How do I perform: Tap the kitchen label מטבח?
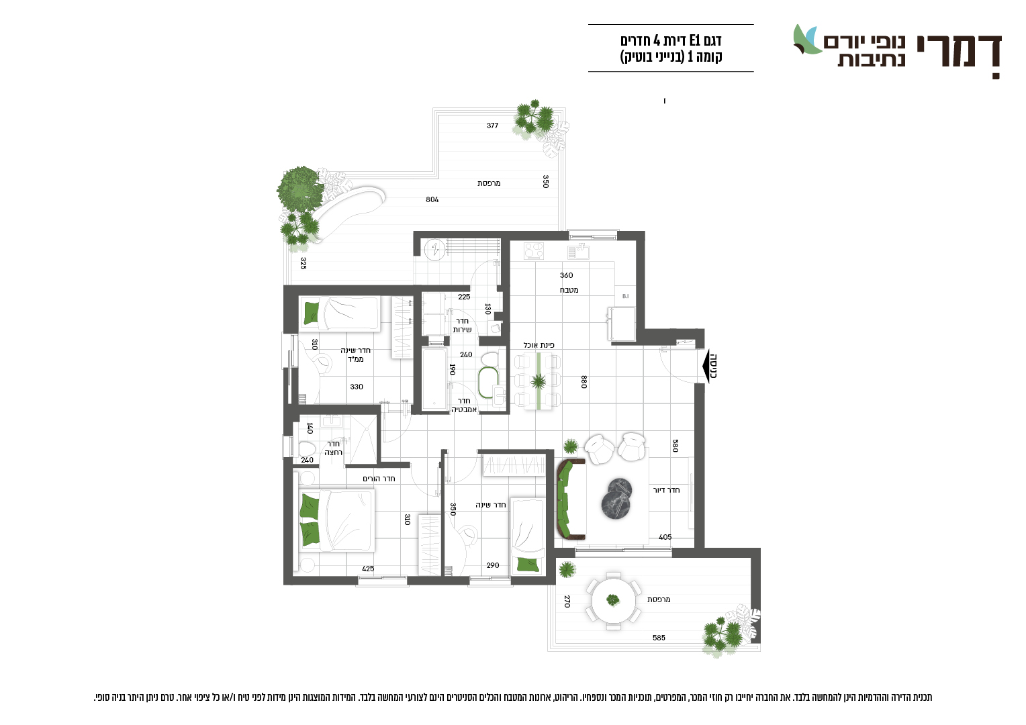(x=569, y=290)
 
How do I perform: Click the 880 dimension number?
(x=584, y=382)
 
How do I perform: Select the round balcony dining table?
(x=613, y=600)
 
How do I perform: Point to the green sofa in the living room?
(x=566, y=499)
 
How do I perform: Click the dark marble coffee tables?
(x=616, y=498)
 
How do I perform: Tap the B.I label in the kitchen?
(x=625, y=296)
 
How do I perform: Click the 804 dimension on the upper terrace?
(x=432, y=199)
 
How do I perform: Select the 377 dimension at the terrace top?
(x=492, y=126)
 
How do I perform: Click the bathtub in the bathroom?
(x=434, y=379)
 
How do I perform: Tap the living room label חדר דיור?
(x=666, y=490)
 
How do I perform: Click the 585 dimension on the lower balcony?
(x=659, y=638)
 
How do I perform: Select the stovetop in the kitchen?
(x=534, y=251)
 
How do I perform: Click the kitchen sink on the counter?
(x=578, y=252)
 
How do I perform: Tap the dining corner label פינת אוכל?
(x=539, y=345)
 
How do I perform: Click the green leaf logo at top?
(x=808, y=40)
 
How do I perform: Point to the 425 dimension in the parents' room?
(x=368, y=569)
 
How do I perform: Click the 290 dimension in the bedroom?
(x=493, y=565)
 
